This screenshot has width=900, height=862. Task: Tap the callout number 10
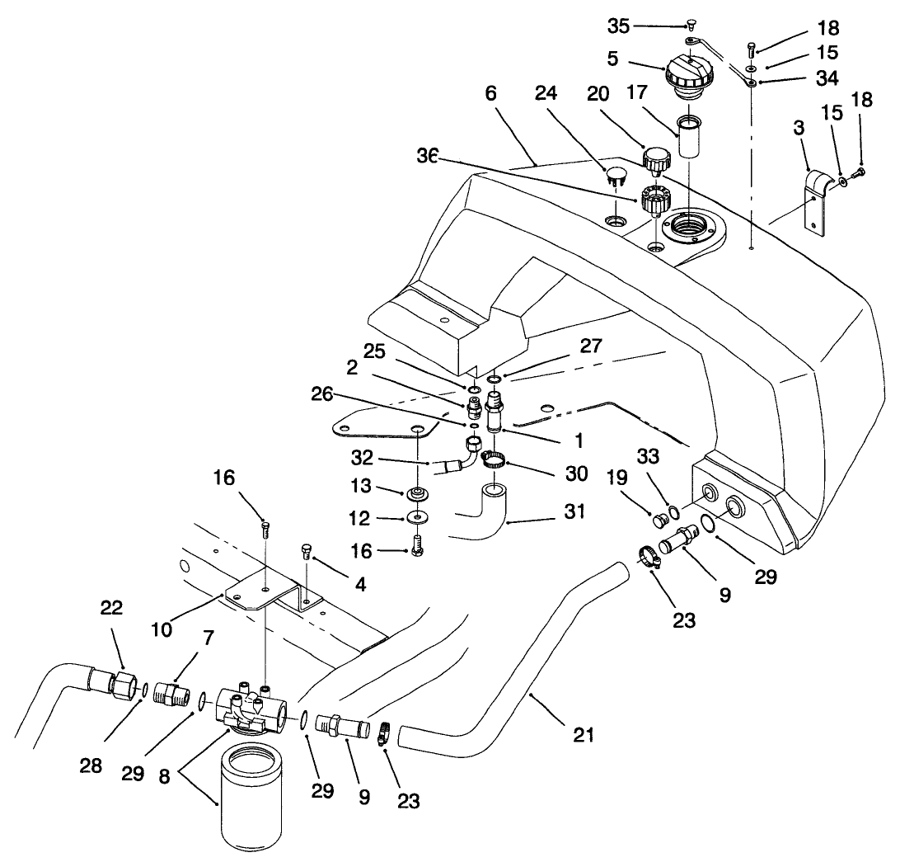pyautogui.click(x=171, y=629)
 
